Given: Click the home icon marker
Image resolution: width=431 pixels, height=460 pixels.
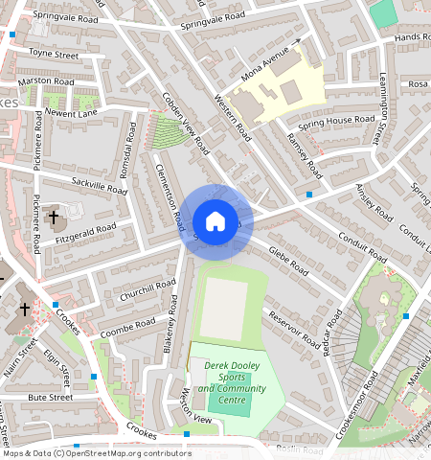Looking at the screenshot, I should coord(216,221).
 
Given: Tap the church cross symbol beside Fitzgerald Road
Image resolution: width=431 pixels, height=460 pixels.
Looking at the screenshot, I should coord(54,218).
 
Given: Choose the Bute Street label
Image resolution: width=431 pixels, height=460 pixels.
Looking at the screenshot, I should coord(50,397).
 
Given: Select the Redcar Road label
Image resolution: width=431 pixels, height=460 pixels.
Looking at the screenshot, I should coord(331,333).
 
